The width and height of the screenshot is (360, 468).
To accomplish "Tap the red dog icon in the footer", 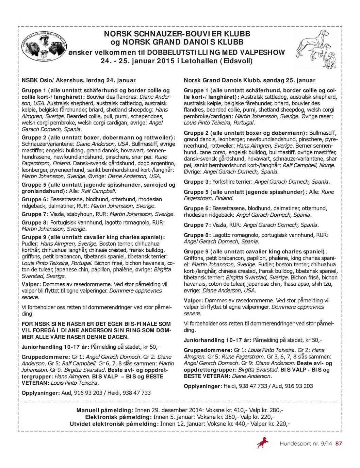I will [262, 443].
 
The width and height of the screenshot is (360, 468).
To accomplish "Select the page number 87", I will [338, 444].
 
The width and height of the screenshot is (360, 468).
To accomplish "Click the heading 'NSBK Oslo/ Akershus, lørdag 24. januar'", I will [79, 81].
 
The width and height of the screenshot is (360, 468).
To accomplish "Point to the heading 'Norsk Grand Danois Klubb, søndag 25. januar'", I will [249, 81].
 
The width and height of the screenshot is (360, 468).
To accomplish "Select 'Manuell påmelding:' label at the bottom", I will [104, 411].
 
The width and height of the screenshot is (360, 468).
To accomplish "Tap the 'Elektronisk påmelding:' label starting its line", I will [118, 417].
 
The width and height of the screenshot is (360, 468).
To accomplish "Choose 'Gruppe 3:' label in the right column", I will [197, 182].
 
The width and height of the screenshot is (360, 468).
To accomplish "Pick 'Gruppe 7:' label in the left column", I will [35, 214].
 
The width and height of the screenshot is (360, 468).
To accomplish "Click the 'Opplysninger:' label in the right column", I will [203, 386].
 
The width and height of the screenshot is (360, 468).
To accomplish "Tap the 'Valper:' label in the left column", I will [31, 284].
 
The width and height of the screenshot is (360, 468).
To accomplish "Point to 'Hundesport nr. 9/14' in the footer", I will [306, 444].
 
